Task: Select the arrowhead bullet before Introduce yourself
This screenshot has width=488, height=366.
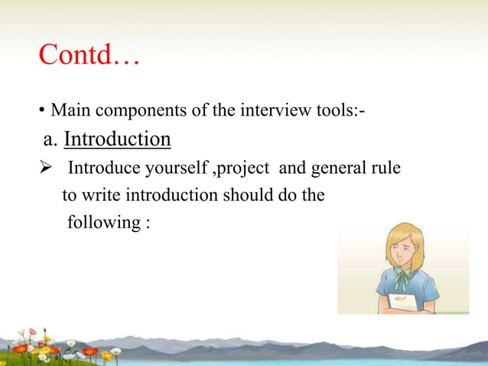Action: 44,168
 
